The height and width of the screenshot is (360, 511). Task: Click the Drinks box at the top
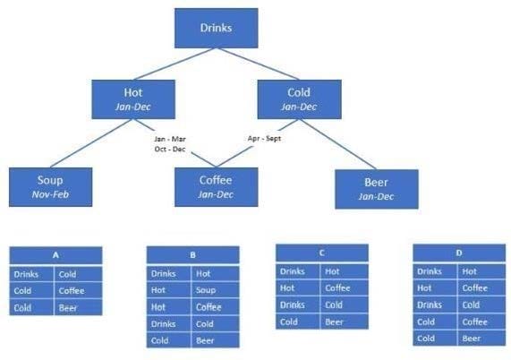(217, 28)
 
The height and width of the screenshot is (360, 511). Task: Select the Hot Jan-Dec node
(133, 99)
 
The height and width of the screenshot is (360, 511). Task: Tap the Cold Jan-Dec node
(299, 99)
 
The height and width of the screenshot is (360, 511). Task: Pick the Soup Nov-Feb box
(50, 187)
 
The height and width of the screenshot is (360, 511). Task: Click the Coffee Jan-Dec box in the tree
(217, 187)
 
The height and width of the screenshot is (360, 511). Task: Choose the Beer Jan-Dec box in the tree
(377, 189)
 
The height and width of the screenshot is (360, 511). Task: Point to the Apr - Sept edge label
(264, 138)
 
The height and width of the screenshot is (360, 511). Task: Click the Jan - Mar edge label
(170, 139)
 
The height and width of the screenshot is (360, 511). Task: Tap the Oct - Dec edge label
(170, 149)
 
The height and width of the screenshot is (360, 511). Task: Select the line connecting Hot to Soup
(91, 143)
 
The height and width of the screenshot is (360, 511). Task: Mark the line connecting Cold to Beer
(337, 144)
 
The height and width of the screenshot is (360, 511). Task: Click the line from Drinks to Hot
(175, 64)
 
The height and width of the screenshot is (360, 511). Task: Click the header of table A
(55, 255)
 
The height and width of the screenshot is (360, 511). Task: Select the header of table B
(193, 255)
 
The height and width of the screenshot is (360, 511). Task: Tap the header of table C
(322, 253)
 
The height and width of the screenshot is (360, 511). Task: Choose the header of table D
(459, 253)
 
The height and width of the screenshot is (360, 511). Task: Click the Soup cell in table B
(215, 290)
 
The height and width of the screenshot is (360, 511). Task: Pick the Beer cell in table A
(78, 307)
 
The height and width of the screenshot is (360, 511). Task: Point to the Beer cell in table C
(345, 321)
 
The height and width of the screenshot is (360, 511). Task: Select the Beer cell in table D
(481, 339)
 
